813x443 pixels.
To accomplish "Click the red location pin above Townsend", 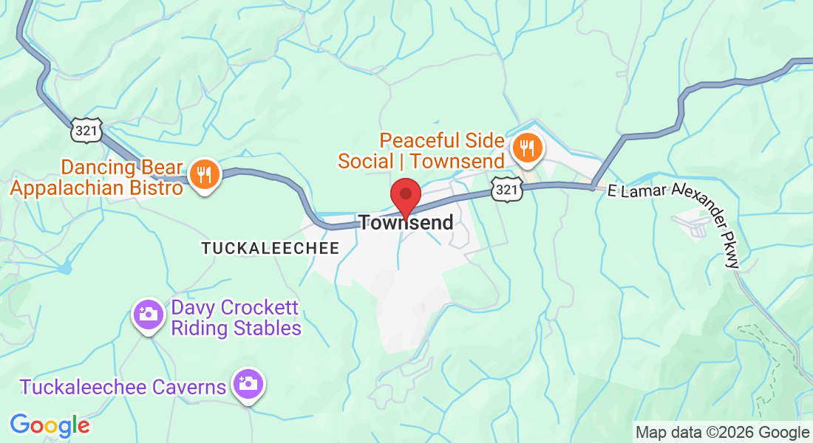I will coord(406,196).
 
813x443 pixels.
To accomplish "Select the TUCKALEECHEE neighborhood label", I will coord(271,248).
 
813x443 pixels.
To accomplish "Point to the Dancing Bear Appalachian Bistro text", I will coord(97,177).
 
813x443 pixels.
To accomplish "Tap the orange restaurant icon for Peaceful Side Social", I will coord(526,148).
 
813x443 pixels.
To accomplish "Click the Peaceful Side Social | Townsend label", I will coord(421,151).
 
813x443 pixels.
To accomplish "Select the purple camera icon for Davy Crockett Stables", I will coord(148,315).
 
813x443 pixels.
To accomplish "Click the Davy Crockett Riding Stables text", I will coord(237,317).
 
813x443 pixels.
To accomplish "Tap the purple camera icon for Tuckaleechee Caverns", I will coord(248,383).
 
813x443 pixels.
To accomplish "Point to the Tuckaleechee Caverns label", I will coord(123,387).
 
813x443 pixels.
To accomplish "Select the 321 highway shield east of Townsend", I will coord(506,189).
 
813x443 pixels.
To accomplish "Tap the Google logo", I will coord(50,425).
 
